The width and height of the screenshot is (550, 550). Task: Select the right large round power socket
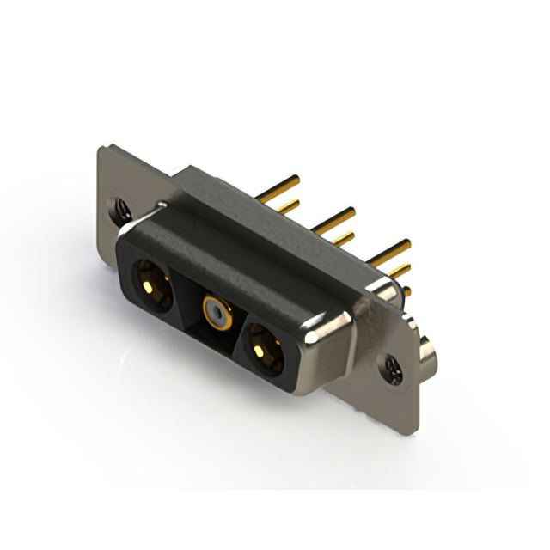[x=264, y=349]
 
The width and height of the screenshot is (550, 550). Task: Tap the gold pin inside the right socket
[x=262, y=351]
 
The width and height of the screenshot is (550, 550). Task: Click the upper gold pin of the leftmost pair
[x=282, y=185]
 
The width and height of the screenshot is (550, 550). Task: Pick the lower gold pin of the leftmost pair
[x=287, y=206]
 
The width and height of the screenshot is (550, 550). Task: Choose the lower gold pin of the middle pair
[x=343, y=239]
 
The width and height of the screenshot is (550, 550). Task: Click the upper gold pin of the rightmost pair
[x=391, y=250]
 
